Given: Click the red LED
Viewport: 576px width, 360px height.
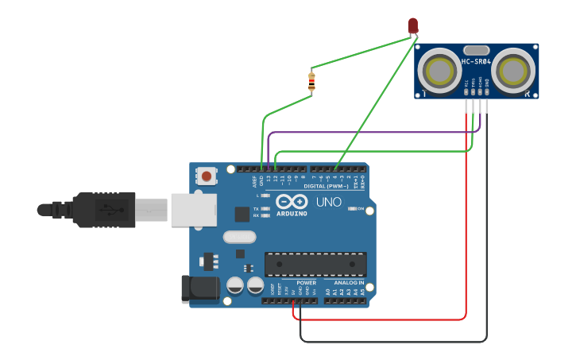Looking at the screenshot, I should (x=412, y=25).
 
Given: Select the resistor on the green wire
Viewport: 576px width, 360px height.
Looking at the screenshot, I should (x=311, y=81).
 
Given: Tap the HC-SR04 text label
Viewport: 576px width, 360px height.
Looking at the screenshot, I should (x=477, y=62).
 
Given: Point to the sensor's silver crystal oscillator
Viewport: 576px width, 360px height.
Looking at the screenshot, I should (x=476, y=50).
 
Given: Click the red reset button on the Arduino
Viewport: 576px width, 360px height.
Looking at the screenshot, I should (x=207, y=176).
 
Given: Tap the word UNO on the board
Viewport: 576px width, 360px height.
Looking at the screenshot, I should (x=329, y=203).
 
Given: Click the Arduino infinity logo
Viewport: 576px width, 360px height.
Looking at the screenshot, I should (x=292, y=202).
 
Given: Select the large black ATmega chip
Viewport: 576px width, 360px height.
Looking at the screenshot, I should (x=315, y=265).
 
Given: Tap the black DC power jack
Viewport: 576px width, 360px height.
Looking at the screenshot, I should (x=200, y=289).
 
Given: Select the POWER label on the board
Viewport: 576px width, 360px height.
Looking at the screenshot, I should (x=306, y=283).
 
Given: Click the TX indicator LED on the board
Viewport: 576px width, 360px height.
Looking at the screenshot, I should (x=265, y=209).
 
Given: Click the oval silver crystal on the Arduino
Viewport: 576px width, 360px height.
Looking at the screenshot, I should (x=239, y=237).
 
